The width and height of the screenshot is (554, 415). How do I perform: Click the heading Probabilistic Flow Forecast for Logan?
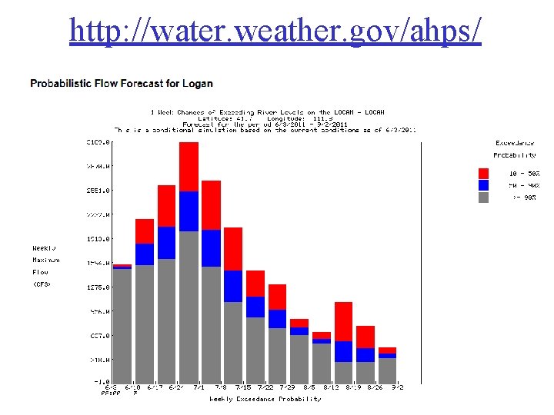(x=122, y=83)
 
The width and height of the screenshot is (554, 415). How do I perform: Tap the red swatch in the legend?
(x=483, y=174)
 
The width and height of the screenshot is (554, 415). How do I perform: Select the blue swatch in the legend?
(x=483, y=185)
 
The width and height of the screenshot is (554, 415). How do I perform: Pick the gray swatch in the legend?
(x=483, y=197)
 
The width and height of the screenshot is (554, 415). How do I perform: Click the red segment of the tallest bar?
(x=189, y=166)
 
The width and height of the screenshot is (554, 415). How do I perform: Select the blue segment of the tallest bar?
(x=189, y=211)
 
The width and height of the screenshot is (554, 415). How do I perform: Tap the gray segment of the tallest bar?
(x=189, y=307)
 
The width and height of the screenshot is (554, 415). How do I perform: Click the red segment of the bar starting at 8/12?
(x=344, y=321)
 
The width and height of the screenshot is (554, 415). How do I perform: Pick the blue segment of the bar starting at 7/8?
(x=233, y=286)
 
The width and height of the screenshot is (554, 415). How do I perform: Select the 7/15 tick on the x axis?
(x=242, y=388)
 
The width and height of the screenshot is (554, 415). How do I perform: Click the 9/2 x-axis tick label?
(x=396, y=388)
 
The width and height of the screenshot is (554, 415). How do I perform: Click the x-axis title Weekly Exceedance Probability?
(x=265, y=399)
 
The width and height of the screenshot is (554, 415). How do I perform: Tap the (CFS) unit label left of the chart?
(x=42, y=284)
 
